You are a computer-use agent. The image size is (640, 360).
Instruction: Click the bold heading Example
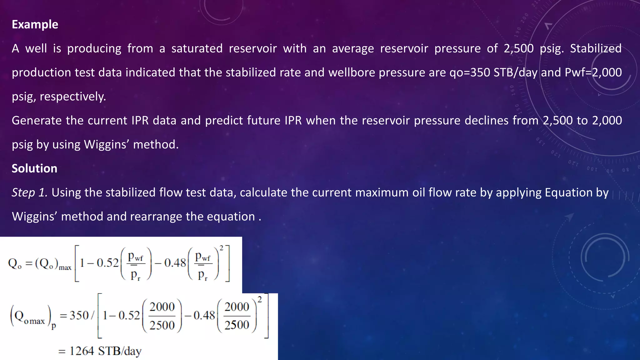click(x=35, y=24)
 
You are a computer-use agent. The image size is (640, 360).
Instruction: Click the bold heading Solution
click(x=34, y=168)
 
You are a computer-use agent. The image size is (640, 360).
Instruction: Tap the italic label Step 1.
click(x=29, y=192)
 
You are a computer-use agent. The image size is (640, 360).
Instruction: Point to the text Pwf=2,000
click(x=593, y=72)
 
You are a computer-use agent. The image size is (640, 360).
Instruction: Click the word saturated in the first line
click(x=197, y=48)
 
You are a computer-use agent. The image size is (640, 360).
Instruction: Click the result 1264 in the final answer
click(x=82, y=351)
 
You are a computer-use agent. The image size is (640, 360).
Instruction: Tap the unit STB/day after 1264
click(x=120, y=351)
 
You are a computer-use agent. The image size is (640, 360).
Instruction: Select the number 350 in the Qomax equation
click(x=79, y=315)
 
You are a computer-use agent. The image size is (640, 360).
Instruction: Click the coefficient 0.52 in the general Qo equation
click(x=107, y=263)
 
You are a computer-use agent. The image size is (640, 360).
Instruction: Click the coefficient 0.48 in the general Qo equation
click(x=175, y=263)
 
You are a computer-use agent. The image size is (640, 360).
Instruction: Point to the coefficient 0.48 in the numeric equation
click(x=204, y=315)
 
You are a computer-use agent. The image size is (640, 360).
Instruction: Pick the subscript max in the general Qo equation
click(x=65, y=268)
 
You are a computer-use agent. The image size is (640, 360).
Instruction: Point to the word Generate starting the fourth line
click(x=37, y=121)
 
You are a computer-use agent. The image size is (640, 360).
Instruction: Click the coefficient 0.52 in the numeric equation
click(x=129, y=315)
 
